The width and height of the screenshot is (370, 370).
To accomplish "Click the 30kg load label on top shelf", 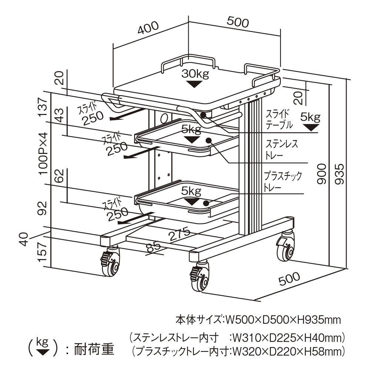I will pyautogui.click(x=195, y=74).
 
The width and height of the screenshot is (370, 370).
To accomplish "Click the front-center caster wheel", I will pyautogui.click(x=200, y=281).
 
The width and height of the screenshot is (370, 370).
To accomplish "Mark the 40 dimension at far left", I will pyautogui.click(x=24, y=239).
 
